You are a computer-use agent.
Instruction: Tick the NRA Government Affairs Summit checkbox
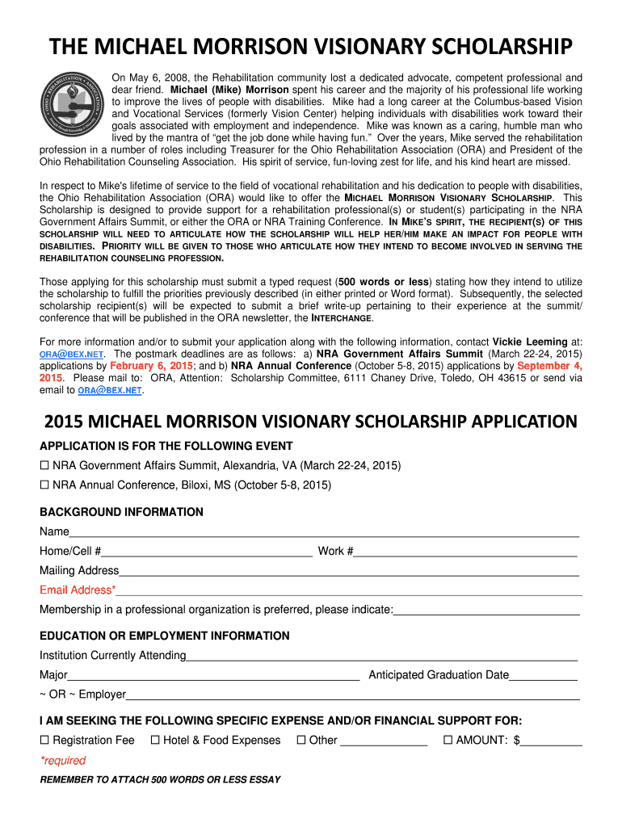45,466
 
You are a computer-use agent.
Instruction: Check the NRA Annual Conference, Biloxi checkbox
45,485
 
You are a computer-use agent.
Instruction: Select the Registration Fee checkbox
45,741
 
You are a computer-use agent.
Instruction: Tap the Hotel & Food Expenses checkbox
155,741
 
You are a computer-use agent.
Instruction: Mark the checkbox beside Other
301,741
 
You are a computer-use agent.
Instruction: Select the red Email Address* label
78,590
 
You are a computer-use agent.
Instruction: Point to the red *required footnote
63,761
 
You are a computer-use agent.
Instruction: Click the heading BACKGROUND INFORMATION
121,512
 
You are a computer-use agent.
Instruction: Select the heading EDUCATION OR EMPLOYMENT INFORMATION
164,636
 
